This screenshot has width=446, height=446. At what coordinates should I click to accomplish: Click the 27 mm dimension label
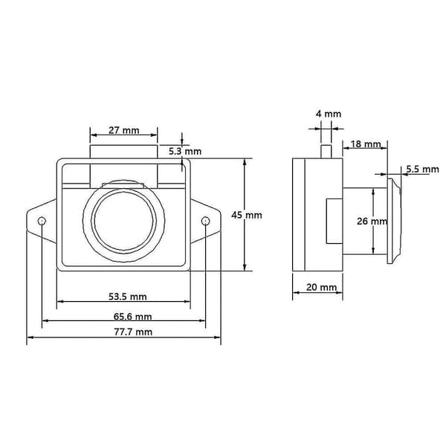123,131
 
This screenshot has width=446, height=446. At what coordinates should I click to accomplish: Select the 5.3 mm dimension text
185,152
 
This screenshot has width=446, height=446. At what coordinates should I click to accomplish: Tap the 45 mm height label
247,215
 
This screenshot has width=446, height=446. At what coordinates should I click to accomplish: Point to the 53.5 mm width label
128,297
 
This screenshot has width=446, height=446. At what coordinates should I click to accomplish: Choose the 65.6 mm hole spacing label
132,317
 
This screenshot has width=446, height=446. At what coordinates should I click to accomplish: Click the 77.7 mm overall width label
133,332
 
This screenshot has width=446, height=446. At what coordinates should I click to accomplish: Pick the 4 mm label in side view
329,114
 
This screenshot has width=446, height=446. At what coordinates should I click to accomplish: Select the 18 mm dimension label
365,144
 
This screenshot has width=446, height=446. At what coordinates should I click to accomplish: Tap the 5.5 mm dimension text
422,169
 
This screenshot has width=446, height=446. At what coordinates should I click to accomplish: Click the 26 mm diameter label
372,221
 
